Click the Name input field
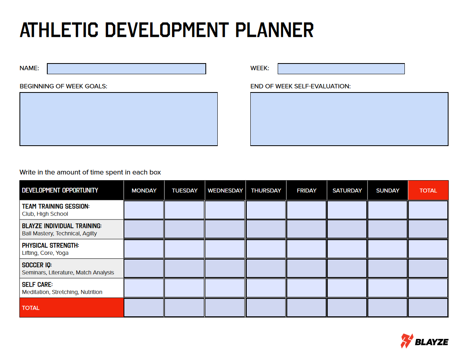pyautogui.click(x=126, y=69)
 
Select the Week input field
pyautogui.click(x=341, y=69)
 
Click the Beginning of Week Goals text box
pyautogui.click(x=118, y=119)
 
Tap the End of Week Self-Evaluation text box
pyautogui.click(x=349, y=119)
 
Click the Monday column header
pyautogui.click(x=144, y=190)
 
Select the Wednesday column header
pyautogui.click(x=225, y=190)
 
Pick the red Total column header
pyautogui.click(x=428, y=190)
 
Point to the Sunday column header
pyautogui.click(x=388, y=190)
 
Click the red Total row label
pyautogui.click(x=72, y=308)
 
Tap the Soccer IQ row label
pyautogui.click(x=72, y=268)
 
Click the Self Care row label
pyautogui.click(x=72, y=288)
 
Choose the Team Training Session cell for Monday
pyautogui.click(x=144, y=210)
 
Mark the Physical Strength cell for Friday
pyautogui.click(x=307, y=249)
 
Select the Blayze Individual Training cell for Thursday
pyautogui.click(x=266, y=229)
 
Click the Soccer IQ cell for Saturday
pyautogui.click(x=347, y=268)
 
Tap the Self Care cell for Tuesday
pyautogui.click(x=184, y=288)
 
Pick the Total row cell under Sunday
pyautogui.click(x=388, y=308)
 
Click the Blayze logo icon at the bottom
pyautogui.click(x=407, y=341)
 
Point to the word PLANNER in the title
pyautogui.click(x=275, y=30)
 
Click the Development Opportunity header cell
pyautogui.click(x=72, y=190)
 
